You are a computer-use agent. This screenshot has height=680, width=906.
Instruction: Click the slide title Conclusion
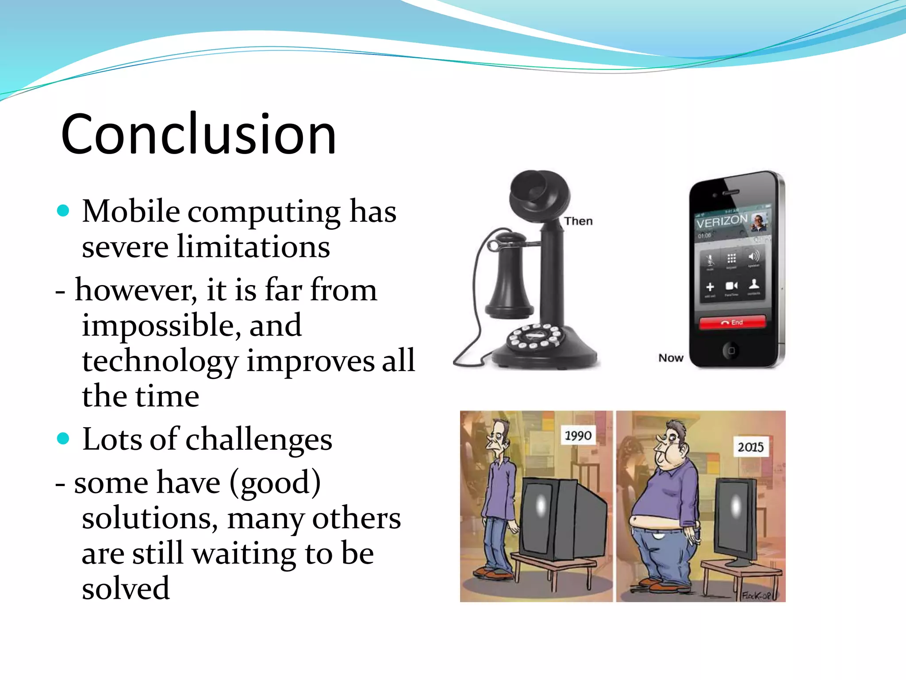(199, 134)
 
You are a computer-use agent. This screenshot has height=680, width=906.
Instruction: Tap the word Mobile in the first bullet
(131, 211)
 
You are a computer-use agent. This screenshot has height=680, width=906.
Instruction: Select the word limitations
(253, 247)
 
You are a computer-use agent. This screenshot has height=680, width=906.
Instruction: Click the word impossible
(161, 325)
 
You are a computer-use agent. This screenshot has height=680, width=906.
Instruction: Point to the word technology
(160, 361)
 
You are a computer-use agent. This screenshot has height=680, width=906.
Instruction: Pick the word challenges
(259, 440)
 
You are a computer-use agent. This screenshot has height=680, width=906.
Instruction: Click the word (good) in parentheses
(275, 483)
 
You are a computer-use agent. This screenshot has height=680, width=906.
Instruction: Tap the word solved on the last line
(126, 589)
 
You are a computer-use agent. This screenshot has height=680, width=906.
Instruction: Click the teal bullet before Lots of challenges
(63, 438)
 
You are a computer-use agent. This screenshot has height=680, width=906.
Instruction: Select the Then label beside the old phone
(578, 221)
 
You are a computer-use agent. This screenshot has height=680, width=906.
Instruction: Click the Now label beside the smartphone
(671, 358)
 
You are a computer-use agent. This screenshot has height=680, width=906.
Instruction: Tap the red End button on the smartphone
(732, 322)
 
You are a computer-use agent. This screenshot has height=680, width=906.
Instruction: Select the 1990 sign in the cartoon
(578, 436)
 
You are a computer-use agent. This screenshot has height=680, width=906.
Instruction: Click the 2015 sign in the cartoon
(750, 447)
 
